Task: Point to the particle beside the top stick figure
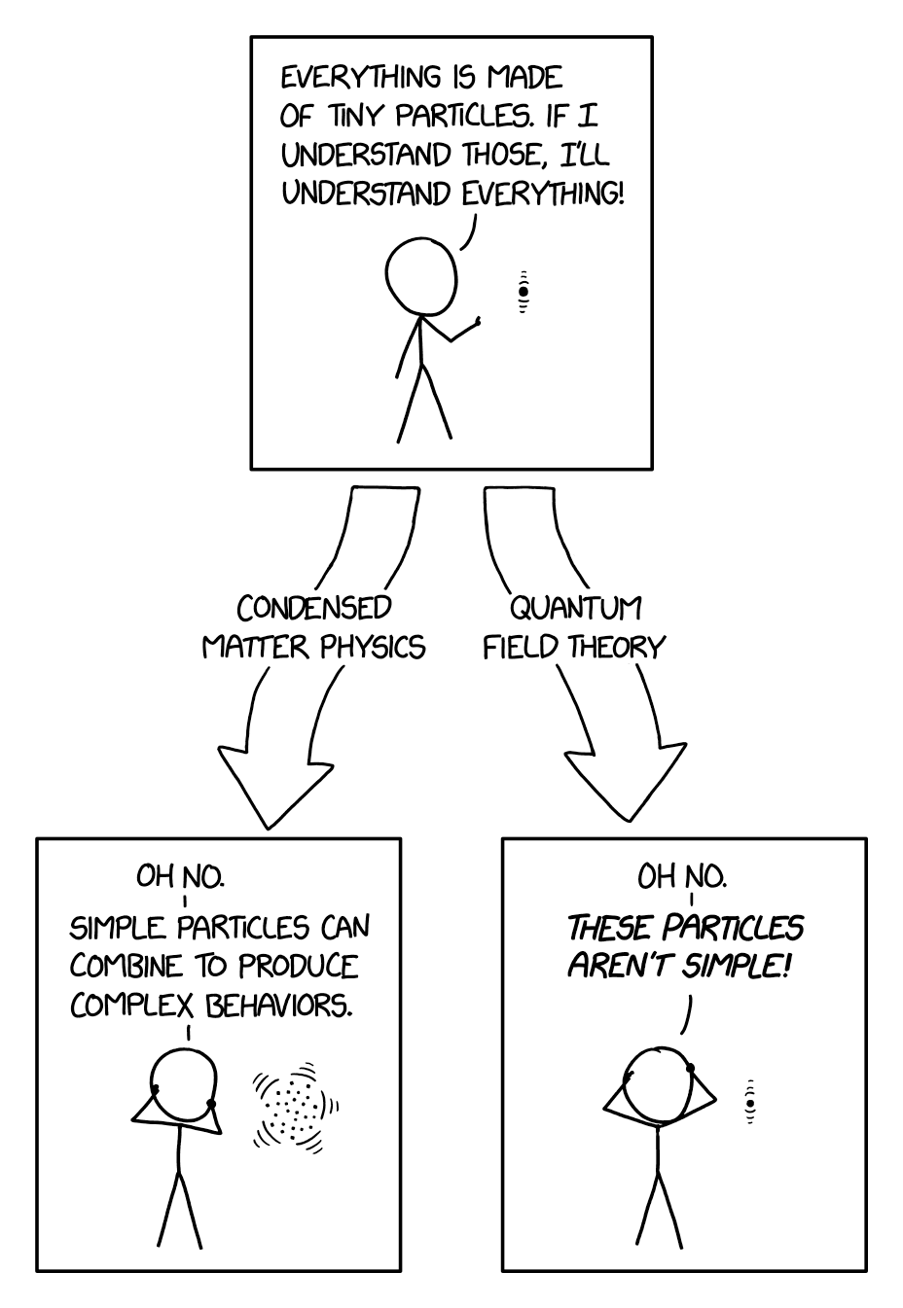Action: [x=524, y=291]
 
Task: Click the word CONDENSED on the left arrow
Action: [x=313, y=608]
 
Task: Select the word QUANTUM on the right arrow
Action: [x=576, y=608]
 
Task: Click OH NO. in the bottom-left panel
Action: [x=180, y=877]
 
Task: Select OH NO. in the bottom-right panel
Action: [x=681, y=877]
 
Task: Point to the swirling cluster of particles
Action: [x=295, y=1107]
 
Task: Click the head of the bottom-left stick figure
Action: [x=184, y=1082]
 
